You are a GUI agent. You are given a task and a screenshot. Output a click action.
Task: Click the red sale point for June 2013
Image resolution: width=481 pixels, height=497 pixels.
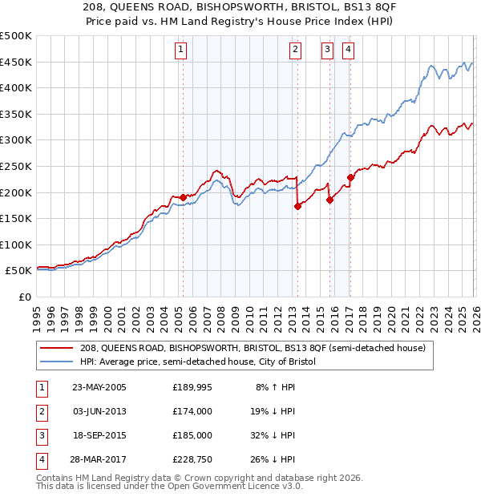(x=297, y=206)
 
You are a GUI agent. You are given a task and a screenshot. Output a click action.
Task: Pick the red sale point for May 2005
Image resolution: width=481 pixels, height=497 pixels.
(x=183, y=197)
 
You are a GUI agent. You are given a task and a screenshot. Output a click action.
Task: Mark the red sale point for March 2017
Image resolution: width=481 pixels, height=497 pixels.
(x=350, y=177)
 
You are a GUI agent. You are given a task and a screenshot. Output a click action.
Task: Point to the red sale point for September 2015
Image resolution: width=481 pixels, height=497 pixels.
(x=329, y=200)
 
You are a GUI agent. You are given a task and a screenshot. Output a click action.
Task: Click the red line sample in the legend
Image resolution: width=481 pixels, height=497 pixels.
(x=58, y=348)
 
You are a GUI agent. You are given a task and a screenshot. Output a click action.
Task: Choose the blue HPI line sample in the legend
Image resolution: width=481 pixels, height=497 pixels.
(x=58, y=362)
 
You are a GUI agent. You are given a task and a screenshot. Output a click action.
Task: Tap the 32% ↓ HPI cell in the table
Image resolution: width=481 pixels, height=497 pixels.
(x=275, y=434)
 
